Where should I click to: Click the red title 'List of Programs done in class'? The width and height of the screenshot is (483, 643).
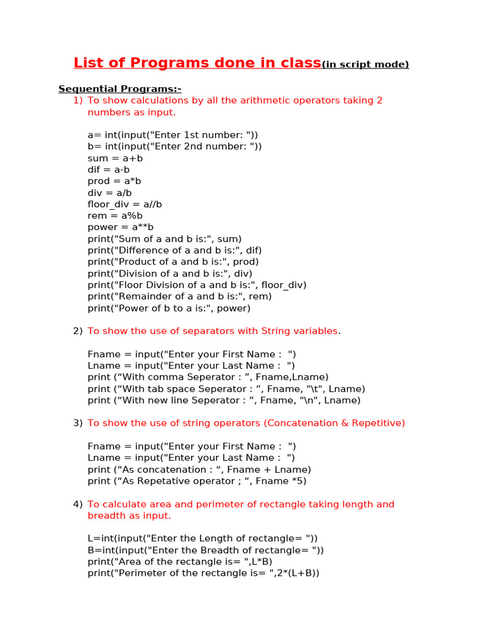(197, 63)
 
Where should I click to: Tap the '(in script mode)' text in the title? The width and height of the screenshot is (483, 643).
(365, 65)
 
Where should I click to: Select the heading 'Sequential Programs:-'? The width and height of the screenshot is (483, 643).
(119, 89)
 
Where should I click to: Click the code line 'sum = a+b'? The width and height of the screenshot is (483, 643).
(115, 158)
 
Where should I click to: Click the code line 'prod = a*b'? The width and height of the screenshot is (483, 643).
(115, 181)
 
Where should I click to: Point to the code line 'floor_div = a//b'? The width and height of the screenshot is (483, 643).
(125, 204)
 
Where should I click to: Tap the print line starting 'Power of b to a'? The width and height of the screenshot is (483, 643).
(169, 308)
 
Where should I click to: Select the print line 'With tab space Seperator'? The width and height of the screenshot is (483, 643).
(226, 389)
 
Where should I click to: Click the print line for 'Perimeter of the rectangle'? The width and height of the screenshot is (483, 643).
(204, 573)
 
